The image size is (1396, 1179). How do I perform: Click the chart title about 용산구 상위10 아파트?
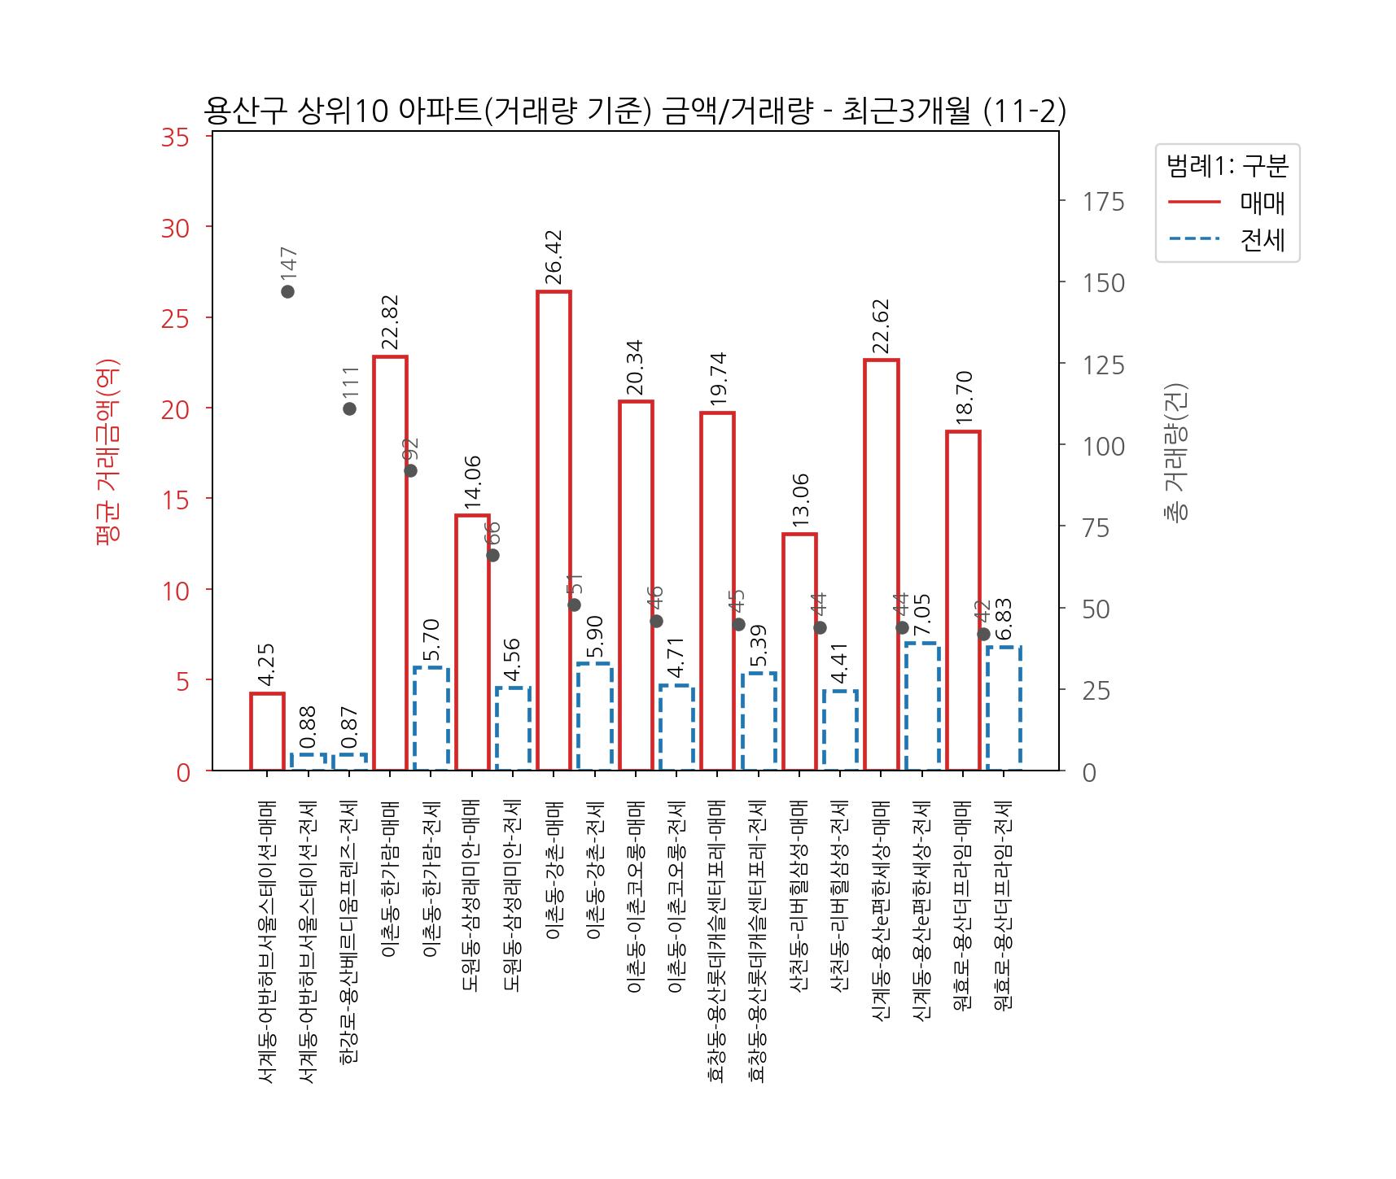point(634,111)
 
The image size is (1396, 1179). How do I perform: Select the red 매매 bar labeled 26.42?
point(554,529)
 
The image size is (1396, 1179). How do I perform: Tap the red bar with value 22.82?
point(390,561)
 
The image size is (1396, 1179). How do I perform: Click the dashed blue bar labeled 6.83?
point(1004,708)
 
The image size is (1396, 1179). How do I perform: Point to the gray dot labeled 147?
point(287,291)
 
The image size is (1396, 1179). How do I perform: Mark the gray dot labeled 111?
point(349,408)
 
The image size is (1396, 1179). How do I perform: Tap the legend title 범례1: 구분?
point(1228,167)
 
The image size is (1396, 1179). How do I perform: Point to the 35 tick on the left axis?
point(176,138)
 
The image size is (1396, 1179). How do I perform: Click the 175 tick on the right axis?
point(1103,202)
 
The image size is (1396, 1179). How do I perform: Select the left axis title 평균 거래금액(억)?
point(107,452)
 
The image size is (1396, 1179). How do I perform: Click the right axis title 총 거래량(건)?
point(1175,452)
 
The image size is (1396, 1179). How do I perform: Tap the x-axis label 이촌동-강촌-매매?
point(554,871)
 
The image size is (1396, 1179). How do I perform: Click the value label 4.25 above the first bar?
point(267,666)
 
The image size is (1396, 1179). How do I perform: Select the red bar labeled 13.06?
point(799,651)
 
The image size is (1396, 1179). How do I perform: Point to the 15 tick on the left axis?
point(176,500)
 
